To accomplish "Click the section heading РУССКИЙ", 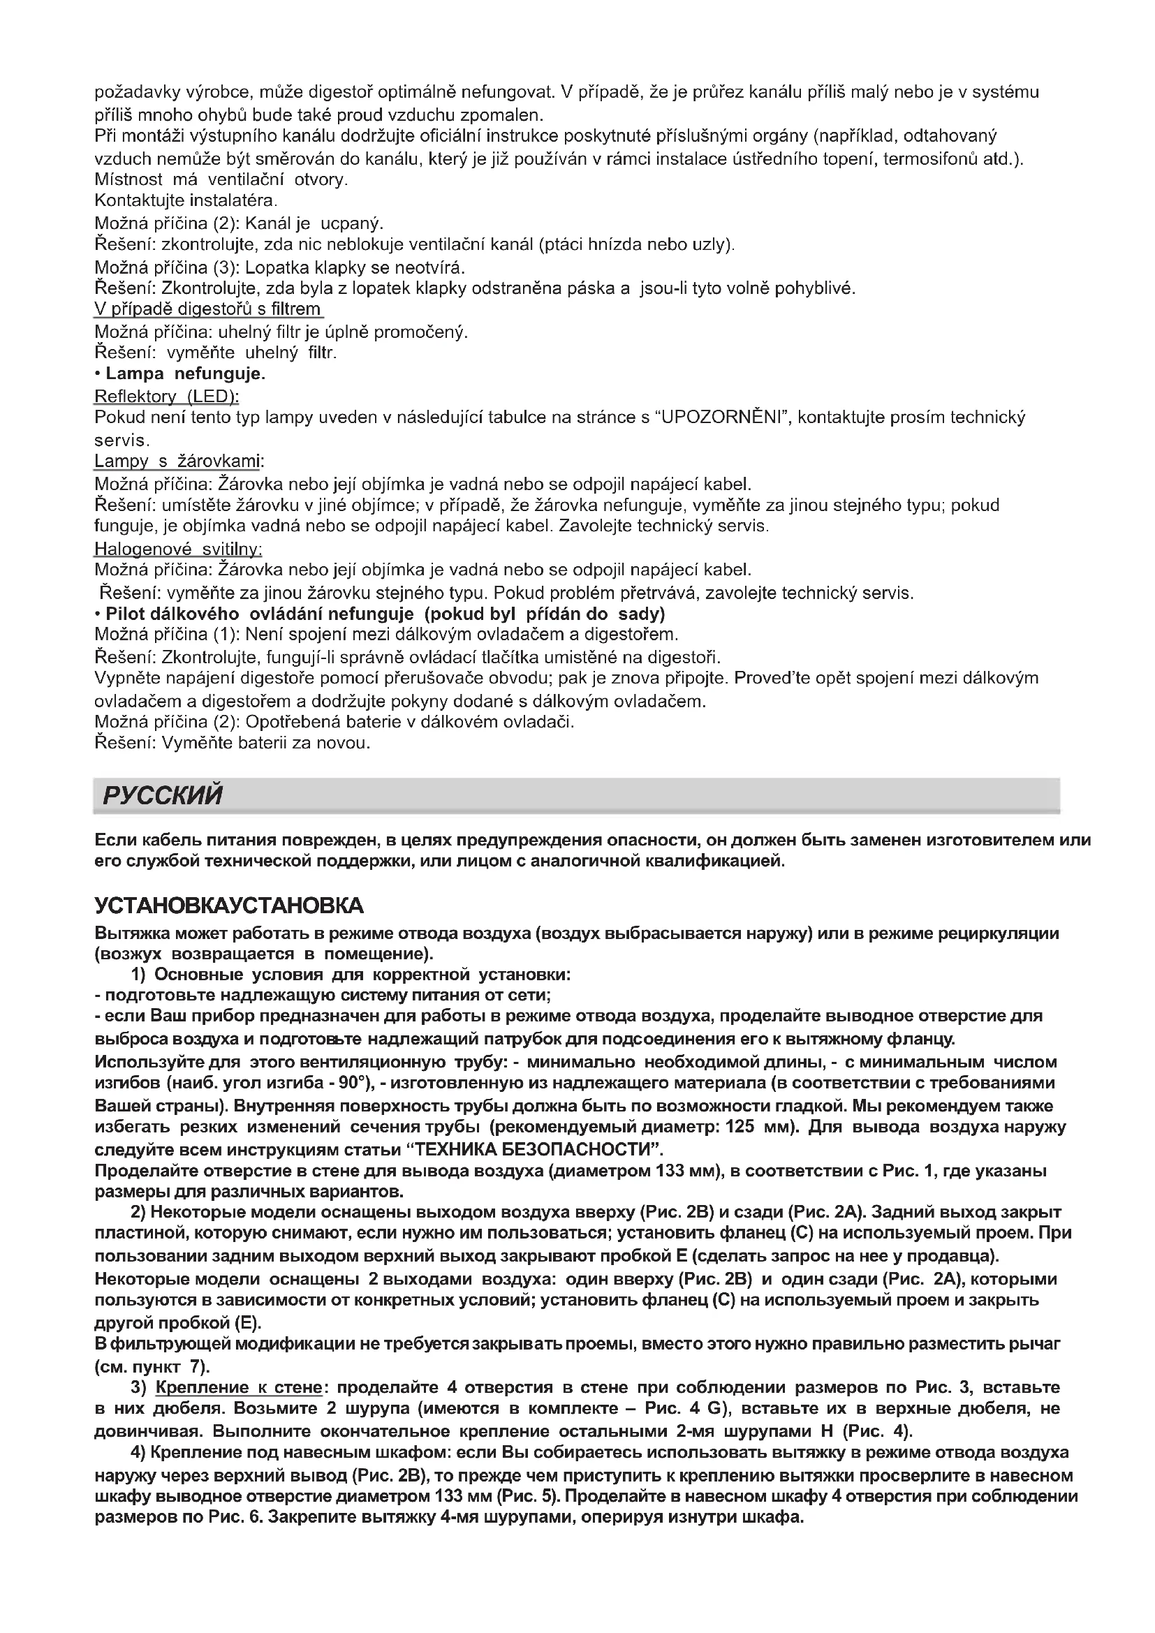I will [x=162, y=795].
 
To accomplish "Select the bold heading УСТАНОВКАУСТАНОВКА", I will [x=229, y=906].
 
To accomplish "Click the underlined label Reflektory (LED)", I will [x=166, y=395].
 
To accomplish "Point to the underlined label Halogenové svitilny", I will [x=179, y=549].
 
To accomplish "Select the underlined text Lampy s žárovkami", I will [x=178, y=461].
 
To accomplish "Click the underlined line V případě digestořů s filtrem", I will [x=207, y=309].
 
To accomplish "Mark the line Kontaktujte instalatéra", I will [x=185, y=200].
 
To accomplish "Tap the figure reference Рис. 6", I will [x=235, y=1517].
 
